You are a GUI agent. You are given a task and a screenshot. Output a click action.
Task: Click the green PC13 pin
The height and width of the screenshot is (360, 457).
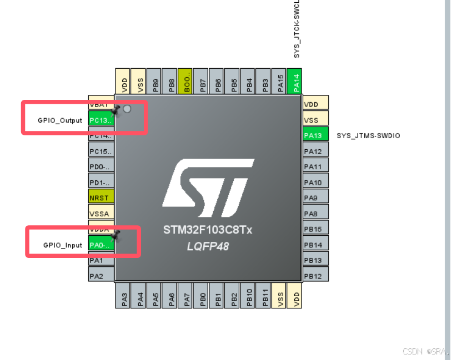101,120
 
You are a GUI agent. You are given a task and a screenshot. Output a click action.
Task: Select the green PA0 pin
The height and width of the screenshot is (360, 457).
101,245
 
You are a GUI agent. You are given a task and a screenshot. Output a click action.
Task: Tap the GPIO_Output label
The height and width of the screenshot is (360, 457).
60,120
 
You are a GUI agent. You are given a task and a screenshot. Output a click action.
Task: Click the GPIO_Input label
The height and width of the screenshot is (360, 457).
63,245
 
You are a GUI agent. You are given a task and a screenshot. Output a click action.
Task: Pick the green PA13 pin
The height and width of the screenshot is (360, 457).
315,135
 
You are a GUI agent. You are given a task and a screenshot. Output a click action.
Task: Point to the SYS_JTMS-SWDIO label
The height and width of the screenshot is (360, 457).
368,136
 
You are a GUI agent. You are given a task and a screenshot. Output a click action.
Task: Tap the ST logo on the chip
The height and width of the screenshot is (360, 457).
209,189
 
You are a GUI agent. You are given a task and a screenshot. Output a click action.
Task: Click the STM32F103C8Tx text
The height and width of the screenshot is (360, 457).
208,230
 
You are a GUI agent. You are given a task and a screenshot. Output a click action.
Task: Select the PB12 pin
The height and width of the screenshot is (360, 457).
315,276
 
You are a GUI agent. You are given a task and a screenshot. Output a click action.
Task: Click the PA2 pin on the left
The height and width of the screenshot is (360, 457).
101,276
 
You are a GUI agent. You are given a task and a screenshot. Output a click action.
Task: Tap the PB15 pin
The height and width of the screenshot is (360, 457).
315,229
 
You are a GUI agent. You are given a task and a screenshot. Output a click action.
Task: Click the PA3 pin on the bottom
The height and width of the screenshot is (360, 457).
124,296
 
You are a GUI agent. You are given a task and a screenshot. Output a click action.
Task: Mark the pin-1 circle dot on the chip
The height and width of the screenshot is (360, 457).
127,109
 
